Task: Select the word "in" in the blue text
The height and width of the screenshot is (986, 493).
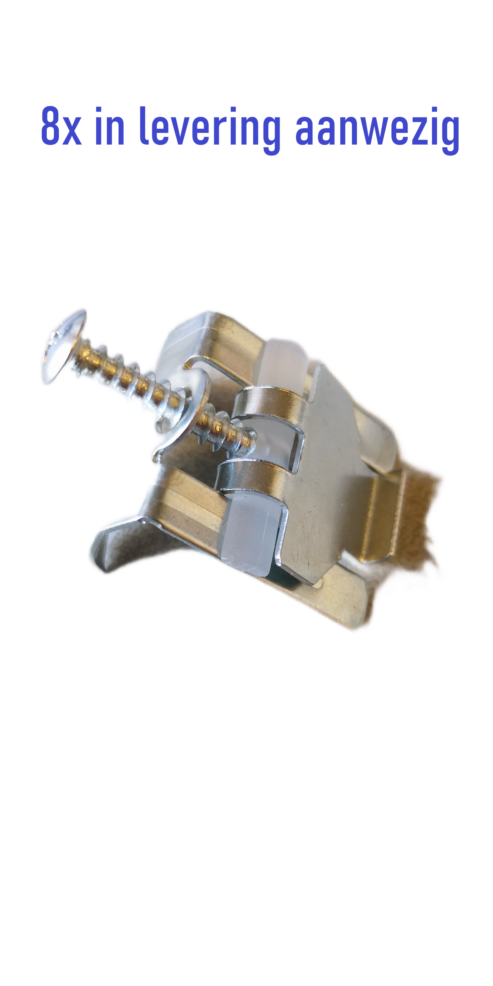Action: [x=110, y=126]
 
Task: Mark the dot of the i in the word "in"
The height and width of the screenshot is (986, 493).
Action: [x=98, y=110]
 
